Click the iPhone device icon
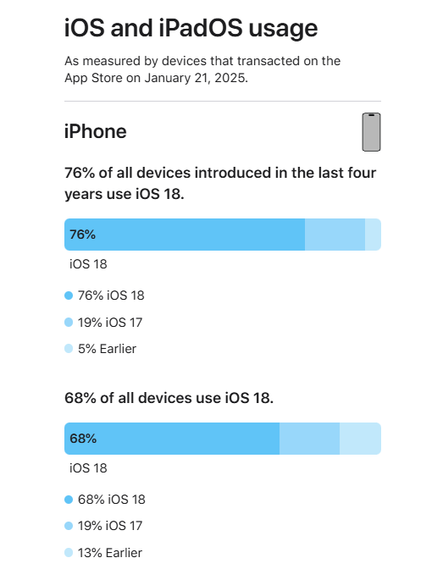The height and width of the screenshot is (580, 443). tap(371, 132)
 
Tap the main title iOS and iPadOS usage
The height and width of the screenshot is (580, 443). tap(191, 29)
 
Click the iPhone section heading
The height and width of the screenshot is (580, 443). tap(96, 132)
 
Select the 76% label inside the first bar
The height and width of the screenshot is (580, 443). tap(83, 235)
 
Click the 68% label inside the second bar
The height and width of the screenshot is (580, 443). tap(83, 439)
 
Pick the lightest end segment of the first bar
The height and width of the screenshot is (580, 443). tap(373, 235)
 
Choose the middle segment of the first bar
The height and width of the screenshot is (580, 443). tap(335, 235)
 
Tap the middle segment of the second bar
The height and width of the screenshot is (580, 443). tap(309, 439)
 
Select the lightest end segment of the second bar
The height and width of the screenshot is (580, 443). tap(360, 439)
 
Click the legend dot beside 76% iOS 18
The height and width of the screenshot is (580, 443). tap(69, 296)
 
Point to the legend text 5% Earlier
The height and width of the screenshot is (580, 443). tap(107, 349)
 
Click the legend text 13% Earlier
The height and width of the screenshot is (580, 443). tap(110, 553)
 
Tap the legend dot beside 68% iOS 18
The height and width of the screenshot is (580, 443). tap(69, 500)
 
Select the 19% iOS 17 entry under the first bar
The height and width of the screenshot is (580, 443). tap(110, 322)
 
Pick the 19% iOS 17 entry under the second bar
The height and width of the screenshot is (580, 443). tap(110, 526)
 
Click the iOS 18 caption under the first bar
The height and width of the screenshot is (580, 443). tap(88, 263)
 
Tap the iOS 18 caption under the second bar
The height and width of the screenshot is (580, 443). tap(88, 467)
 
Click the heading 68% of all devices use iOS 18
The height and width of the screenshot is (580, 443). tap(169, 398)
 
